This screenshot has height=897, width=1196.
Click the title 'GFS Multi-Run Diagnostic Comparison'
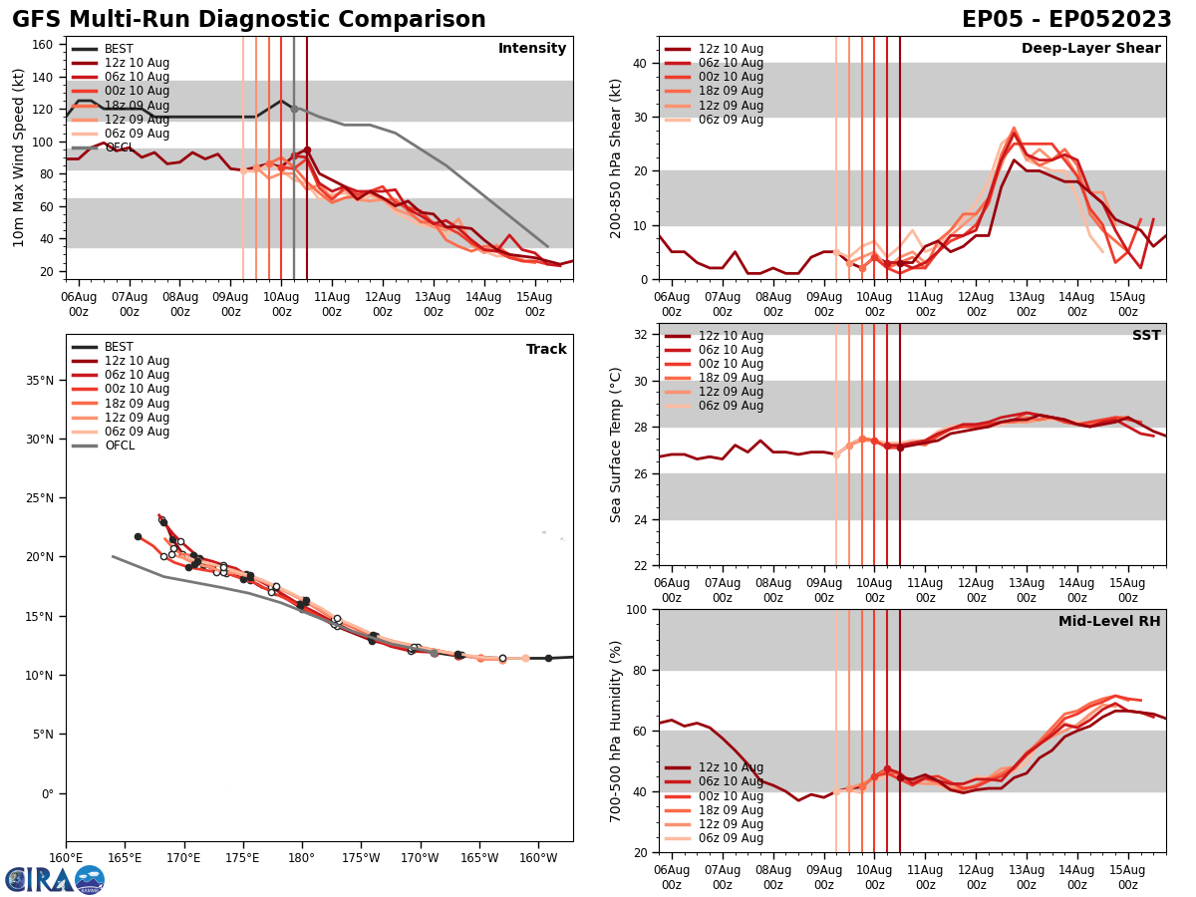click(249, 20)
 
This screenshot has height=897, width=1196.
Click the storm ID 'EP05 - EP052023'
click(1066, 20)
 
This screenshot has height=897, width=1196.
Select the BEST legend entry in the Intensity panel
click(119, 49)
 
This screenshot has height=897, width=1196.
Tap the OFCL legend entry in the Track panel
click(119, 446)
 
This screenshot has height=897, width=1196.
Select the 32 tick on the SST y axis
click(641, 334)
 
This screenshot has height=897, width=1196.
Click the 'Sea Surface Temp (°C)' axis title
click(616, 445)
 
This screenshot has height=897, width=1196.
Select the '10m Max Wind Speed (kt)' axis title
click(19, 157)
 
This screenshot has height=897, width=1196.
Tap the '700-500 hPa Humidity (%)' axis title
click(616, 731)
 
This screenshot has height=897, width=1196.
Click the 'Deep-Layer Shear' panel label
click(1090, 49)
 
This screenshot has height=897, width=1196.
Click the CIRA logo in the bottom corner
click(54, 879)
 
